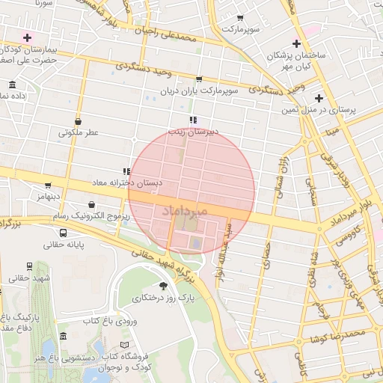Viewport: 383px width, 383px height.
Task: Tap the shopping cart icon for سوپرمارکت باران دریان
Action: pos(198,79)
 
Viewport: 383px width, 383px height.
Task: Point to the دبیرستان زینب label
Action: pos(192,131)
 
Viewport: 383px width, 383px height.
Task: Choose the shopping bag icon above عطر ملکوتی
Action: pos(79,120)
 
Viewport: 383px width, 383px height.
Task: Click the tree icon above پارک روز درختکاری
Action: pos(163,286)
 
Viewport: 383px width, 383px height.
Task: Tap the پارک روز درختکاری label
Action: pos(163,298)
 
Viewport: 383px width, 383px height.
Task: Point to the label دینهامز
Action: pos(47,196)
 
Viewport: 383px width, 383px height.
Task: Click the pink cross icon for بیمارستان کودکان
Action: pos(28,37)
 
